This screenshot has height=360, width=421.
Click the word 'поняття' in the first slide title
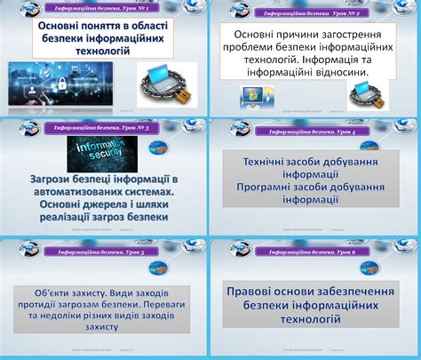(97, 28)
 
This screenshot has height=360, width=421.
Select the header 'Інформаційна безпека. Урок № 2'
(308, 14)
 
